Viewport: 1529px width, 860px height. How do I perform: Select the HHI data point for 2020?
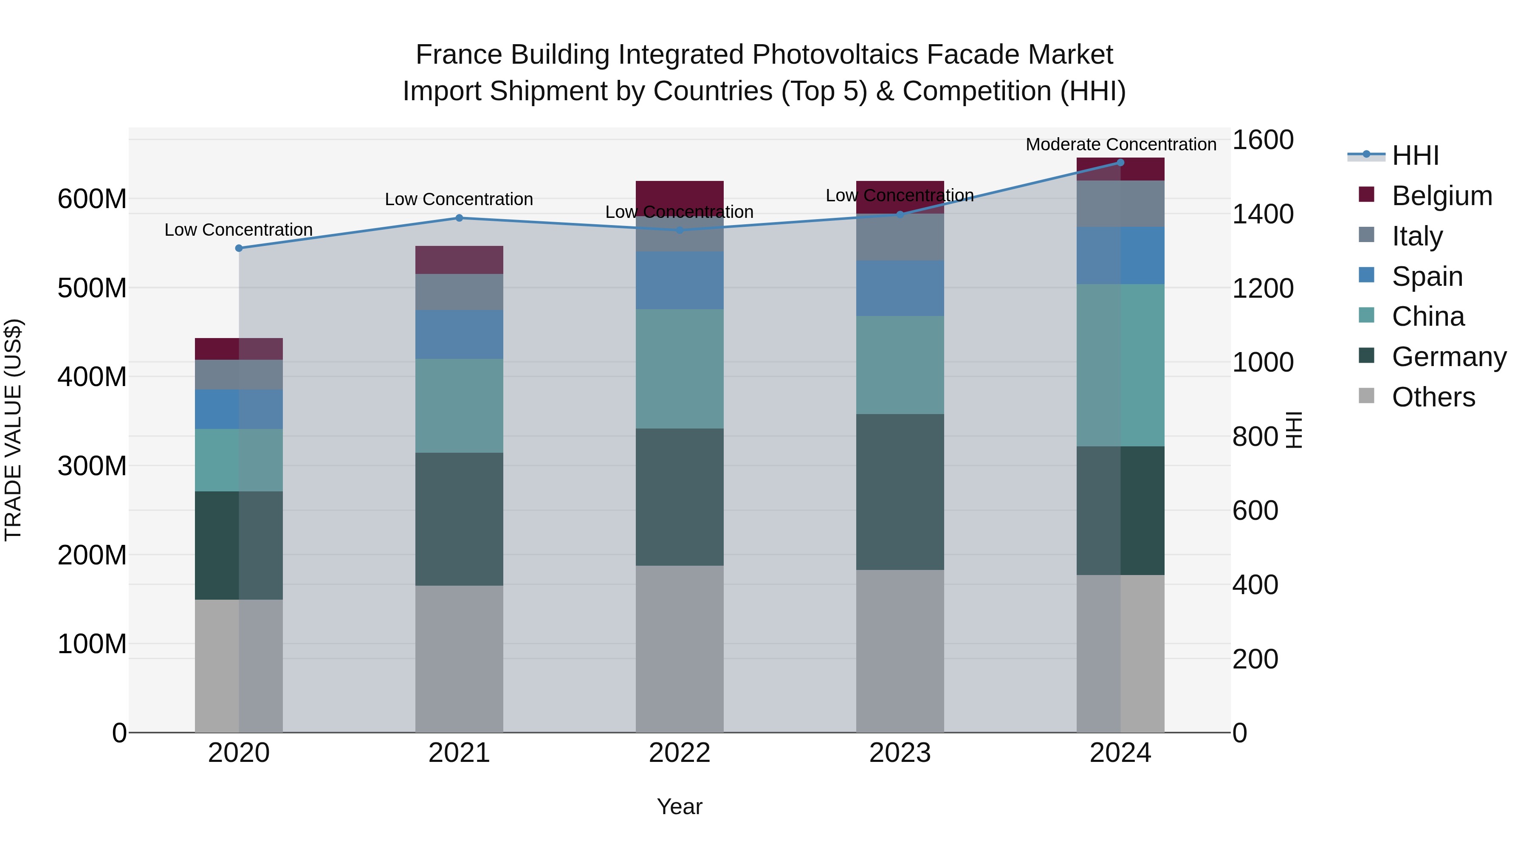[239, 248]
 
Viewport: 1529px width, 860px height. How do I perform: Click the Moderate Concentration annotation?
[1121, 144]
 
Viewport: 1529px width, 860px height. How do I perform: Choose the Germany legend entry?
[1449, 357]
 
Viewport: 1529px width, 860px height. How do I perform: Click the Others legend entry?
[1433, 397]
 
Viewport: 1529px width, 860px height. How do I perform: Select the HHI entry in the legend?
[1415, 155]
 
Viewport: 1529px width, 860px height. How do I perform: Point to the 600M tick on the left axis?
[92, 199]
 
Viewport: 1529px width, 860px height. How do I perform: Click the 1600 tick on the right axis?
[1263, 140]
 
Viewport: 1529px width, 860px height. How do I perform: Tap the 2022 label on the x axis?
[679, 753]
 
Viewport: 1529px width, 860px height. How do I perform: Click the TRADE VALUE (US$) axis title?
[13, 430]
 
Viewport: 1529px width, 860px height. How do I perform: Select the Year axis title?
[679, 806]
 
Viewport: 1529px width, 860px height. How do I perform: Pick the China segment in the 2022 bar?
[679, 369]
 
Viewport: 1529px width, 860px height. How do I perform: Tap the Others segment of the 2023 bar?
[900, 651]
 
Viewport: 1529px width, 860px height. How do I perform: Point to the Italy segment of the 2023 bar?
[900, 237]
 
